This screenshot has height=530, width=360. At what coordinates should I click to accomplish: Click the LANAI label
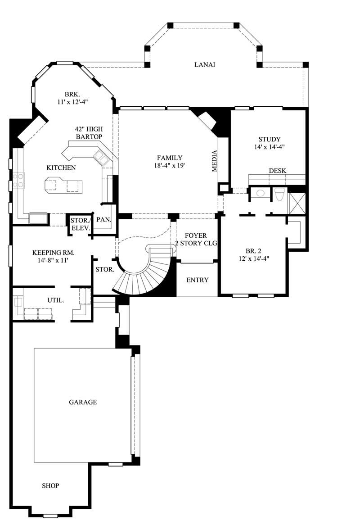pos(205,64)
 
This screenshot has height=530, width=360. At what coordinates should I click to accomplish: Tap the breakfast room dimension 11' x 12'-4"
pos(72,102)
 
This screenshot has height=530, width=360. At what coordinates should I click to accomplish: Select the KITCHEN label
pos(61,168)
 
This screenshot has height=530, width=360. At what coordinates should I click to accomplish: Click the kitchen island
pos(64,185)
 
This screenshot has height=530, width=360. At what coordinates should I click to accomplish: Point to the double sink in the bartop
pos(101,158)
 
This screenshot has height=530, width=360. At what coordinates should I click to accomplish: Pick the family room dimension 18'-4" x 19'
pos(170,165)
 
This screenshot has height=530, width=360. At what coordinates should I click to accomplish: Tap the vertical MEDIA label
pos(215,161)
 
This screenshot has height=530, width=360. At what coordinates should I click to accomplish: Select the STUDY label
pos(269,139)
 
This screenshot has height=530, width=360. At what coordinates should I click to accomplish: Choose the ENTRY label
pos(197,280)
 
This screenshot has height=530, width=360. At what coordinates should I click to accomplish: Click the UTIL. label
pos(54,299)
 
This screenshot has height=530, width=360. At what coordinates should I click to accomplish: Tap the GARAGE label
pos(83,402)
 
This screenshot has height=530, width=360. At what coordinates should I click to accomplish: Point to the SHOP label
pos(50,485)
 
